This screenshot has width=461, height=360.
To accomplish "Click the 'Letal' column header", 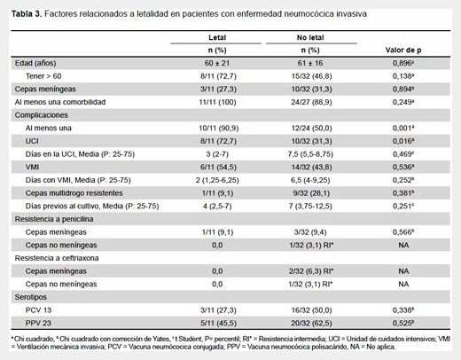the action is point(217,37).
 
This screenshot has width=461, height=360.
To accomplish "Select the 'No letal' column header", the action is point(310,37).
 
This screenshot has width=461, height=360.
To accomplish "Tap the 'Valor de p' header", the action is point(403,50).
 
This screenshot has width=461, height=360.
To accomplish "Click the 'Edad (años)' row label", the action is point(35,63).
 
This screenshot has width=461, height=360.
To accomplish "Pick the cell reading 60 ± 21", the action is point(217,63).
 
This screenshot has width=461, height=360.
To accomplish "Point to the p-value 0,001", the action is point(403,128).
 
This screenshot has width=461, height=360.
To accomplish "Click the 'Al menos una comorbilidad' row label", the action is point(60,102).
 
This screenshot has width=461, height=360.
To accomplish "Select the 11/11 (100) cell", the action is point(217,102).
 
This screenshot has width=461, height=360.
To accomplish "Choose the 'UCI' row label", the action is point(32,141).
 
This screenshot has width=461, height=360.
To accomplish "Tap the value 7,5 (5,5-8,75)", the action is point(311,154).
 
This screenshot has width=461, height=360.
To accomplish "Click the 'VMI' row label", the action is point(32,167).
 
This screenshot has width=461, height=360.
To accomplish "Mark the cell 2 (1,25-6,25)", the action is point(217,180).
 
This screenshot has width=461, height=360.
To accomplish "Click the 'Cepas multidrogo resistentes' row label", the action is point(74,193).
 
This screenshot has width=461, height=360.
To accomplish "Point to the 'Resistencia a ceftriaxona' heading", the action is point(57,258).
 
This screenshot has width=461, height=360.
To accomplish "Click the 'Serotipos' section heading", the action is point(31,297).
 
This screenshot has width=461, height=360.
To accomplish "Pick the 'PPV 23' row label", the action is point(38,323).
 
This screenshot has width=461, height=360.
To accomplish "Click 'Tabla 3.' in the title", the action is point(27,13).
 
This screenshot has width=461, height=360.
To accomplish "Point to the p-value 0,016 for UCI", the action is point(403,141).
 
